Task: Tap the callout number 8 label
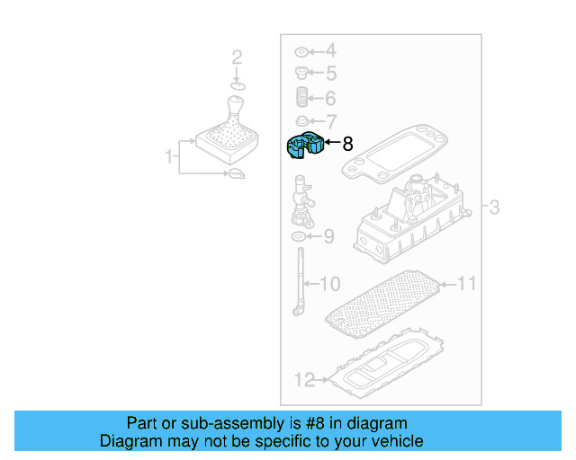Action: pyautogui.click(x=347, y=143)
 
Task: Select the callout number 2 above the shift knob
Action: pyautogui.click(x=237, y=58)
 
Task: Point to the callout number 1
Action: pyautogui.click(x=168, y=158)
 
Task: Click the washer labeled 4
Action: pyautogui.click(x=301, y=51)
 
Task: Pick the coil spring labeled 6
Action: pyautogui.click(x=302, y=96)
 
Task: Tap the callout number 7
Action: pyautogui.click(x=330, y=121)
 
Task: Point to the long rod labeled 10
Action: pyautogui.click(x=298, y=280)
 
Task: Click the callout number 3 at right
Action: pyautogui.click(x=494, y=208)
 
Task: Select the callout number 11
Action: pyautogui.click(x=465, y=285)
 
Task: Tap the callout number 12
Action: pyautogui.click(x=304, y=380)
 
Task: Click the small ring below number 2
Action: pyautogui.click(x=237, y=86)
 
